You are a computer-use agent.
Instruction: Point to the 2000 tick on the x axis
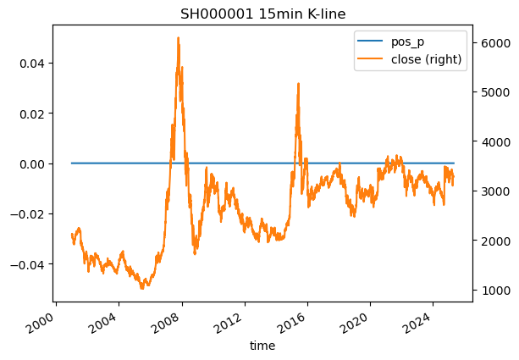tap(53, 322)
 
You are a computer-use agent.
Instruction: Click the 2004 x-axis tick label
tap(116, 322)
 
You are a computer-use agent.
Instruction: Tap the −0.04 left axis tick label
tap(30, 264)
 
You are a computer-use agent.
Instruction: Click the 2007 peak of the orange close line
tap(178, 38)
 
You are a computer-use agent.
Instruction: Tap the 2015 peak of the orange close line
tap(298, 83)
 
